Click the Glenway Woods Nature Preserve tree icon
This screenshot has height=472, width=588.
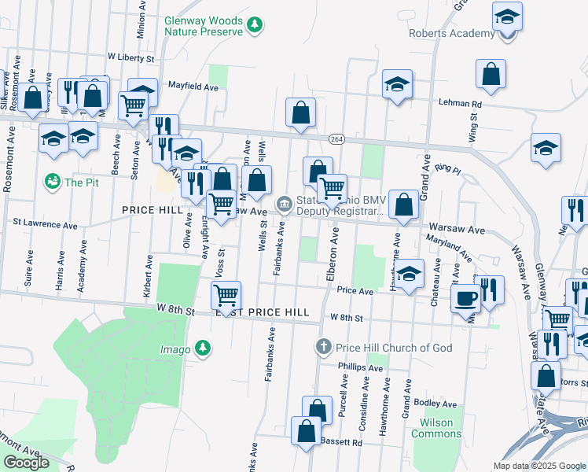point(254,26)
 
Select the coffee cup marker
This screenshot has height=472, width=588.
point(465,298)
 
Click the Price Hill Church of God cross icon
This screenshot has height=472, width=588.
point(323,347)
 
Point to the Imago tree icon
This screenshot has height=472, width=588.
point(203,347)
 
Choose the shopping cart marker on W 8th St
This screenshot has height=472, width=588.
point(226,296)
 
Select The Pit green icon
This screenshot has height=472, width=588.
point(53,182)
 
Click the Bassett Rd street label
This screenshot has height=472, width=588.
point(346,443)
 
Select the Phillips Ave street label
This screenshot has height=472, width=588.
point(359,367)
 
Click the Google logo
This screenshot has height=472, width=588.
point(27,463)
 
